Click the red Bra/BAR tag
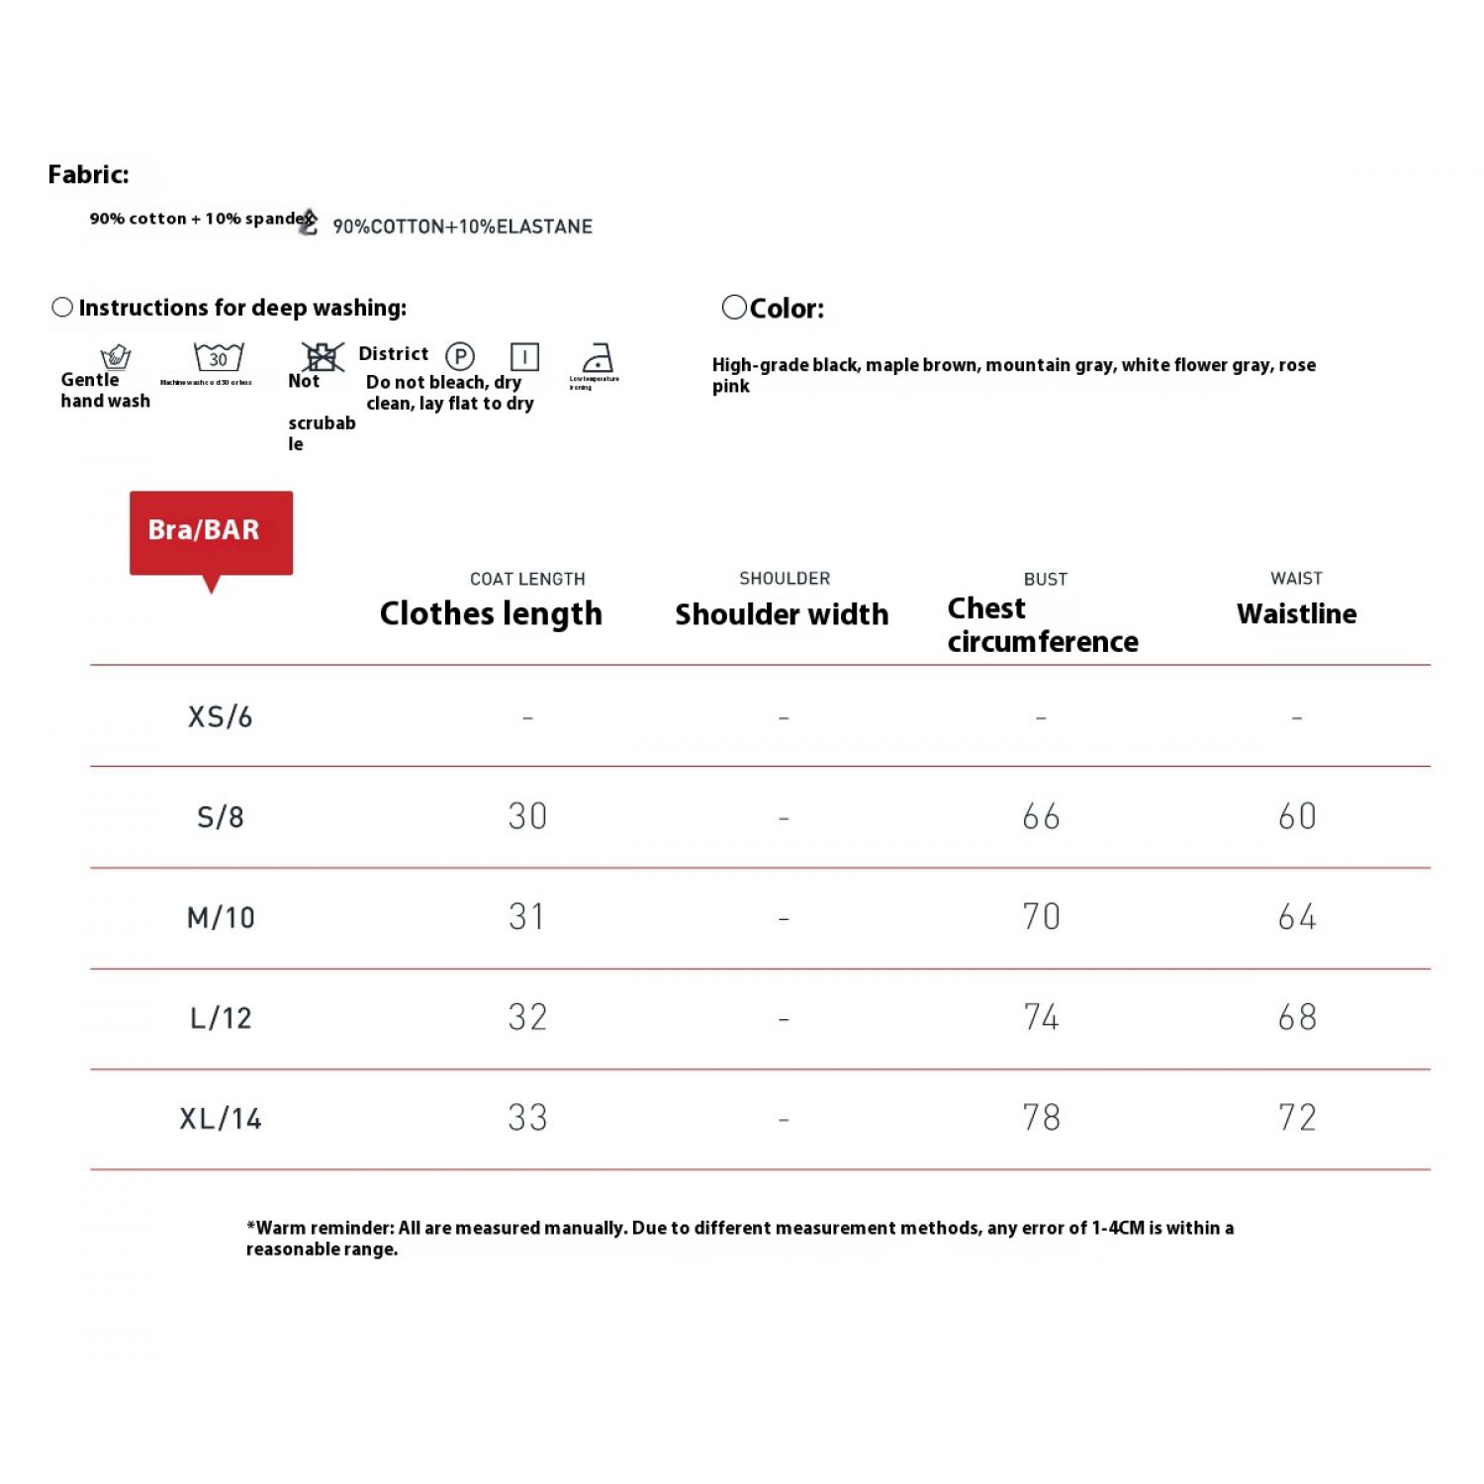[211, 531]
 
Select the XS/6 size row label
[220, 716]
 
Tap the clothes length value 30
[527, 816]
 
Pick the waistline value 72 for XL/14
[1297, 1118]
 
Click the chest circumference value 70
[1041, 917]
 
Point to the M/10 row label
[221, 918]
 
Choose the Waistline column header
[1296, 613]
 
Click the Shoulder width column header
[782, 614]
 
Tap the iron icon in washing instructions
[598, 357]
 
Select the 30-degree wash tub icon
[219, 357]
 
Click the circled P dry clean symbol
[460, 356]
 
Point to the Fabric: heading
[88, 175]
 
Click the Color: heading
[786, 309]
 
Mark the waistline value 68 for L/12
[1297, 1017]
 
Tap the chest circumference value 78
[1041, 1118]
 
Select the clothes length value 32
[527, 1017]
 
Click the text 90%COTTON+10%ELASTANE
[462, 227]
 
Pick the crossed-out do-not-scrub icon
[323, 356]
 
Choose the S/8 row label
[220, 817]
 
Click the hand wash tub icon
[116, 356]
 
